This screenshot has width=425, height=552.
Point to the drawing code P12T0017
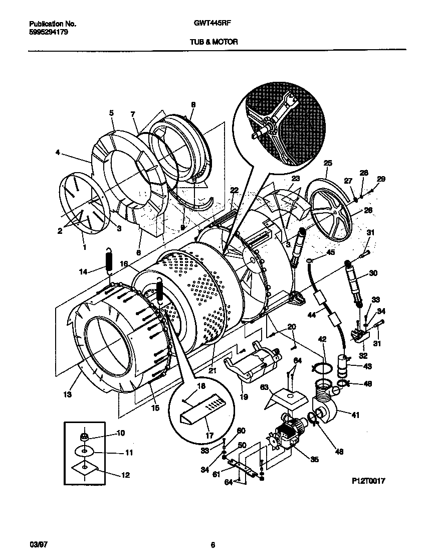[x=369, y=480]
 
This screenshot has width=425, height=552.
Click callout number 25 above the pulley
[x=328, y=163]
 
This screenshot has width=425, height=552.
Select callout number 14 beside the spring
[x=84, y=271]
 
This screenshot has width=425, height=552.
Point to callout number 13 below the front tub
[x=67, y=394]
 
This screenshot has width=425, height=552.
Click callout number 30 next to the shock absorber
[x=372, y=273]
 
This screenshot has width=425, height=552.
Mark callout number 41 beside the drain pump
[x=355, y=415]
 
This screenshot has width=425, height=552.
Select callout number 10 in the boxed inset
[x=120, y=433]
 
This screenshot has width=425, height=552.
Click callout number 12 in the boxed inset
[x=125, y=475]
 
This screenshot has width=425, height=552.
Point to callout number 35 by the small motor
[x=314, y=459]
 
